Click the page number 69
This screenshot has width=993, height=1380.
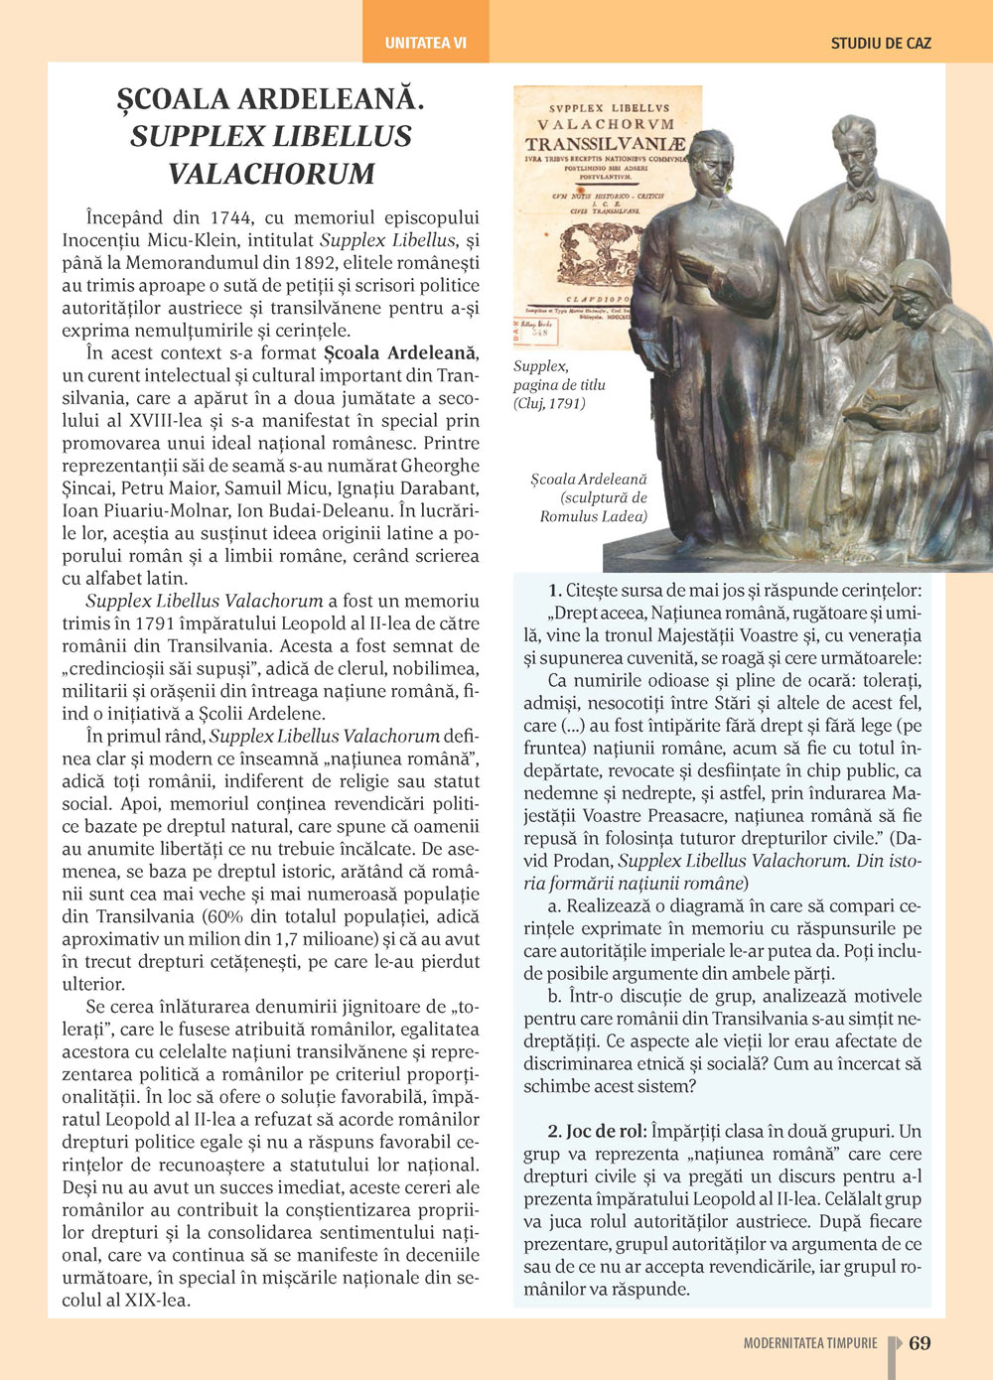920,1343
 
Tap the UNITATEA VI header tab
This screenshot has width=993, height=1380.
425,43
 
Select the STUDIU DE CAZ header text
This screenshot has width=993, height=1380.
881,44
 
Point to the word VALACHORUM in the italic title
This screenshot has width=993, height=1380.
271,173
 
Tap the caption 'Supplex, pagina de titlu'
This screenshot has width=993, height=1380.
558,376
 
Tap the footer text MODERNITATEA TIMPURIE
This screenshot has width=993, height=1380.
810,1343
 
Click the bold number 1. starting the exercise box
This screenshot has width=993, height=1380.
555,591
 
